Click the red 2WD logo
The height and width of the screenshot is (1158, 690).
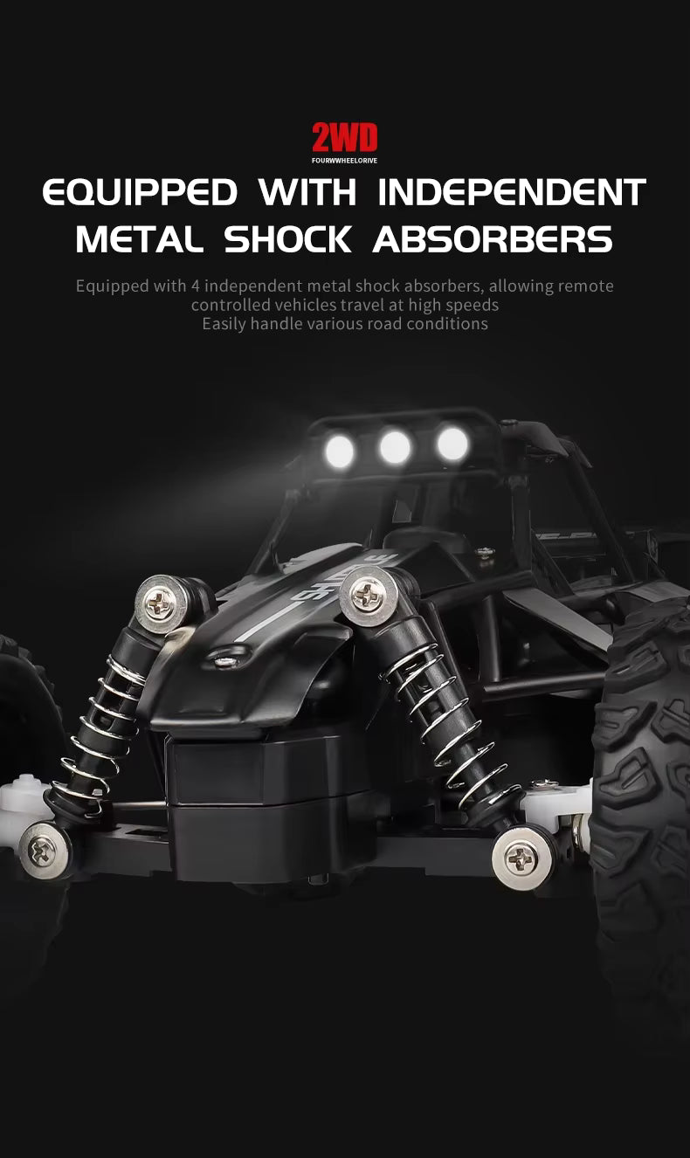click(x=345, y=138)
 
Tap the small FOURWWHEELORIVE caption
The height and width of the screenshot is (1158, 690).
click(x=345, y=161)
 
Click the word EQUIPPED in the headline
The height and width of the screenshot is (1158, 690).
click(x=140, y=193)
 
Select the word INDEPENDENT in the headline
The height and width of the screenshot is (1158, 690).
click(x=512, y=192)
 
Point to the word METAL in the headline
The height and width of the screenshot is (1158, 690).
click(x=140, y=239)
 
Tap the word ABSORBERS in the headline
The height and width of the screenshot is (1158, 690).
click(x=493, y=239)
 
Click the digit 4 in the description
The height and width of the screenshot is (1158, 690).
click(x=196, y=286)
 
